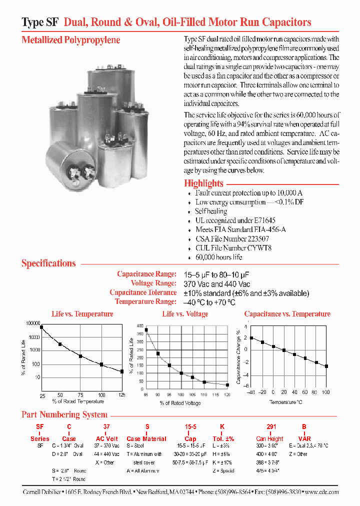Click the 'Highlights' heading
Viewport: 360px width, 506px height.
pos(203,183)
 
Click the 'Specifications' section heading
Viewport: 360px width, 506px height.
pos(48,263)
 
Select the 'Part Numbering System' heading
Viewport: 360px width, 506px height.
pos(64,414)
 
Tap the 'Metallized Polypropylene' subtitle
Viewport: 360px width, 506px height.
pos(70,40)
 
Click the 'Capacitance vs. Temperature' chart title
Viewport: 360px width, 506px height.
pos(287,314)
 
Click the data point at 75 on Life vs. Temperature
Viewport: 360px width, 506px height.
pos(80,356)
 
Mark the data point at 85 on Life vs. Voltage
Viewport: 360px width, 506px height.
pos(146,330)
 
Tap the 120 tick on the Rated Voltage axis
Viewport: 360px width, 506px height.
pos(227,395)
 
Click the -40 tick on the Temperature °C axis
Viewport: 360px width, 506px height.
pos(251,392)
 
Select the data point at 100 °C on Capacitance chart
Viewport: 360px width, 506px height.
pos(326,366)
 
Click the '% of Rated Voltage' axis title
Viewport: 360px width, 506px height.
pos(180,403)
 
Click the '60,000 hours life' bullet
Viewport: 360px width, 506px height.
pos(218,257)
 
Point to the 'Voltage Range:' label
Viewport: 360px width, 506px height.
pos(153,283)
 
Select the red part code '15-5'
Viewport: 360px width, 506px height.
pos(190,427)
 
